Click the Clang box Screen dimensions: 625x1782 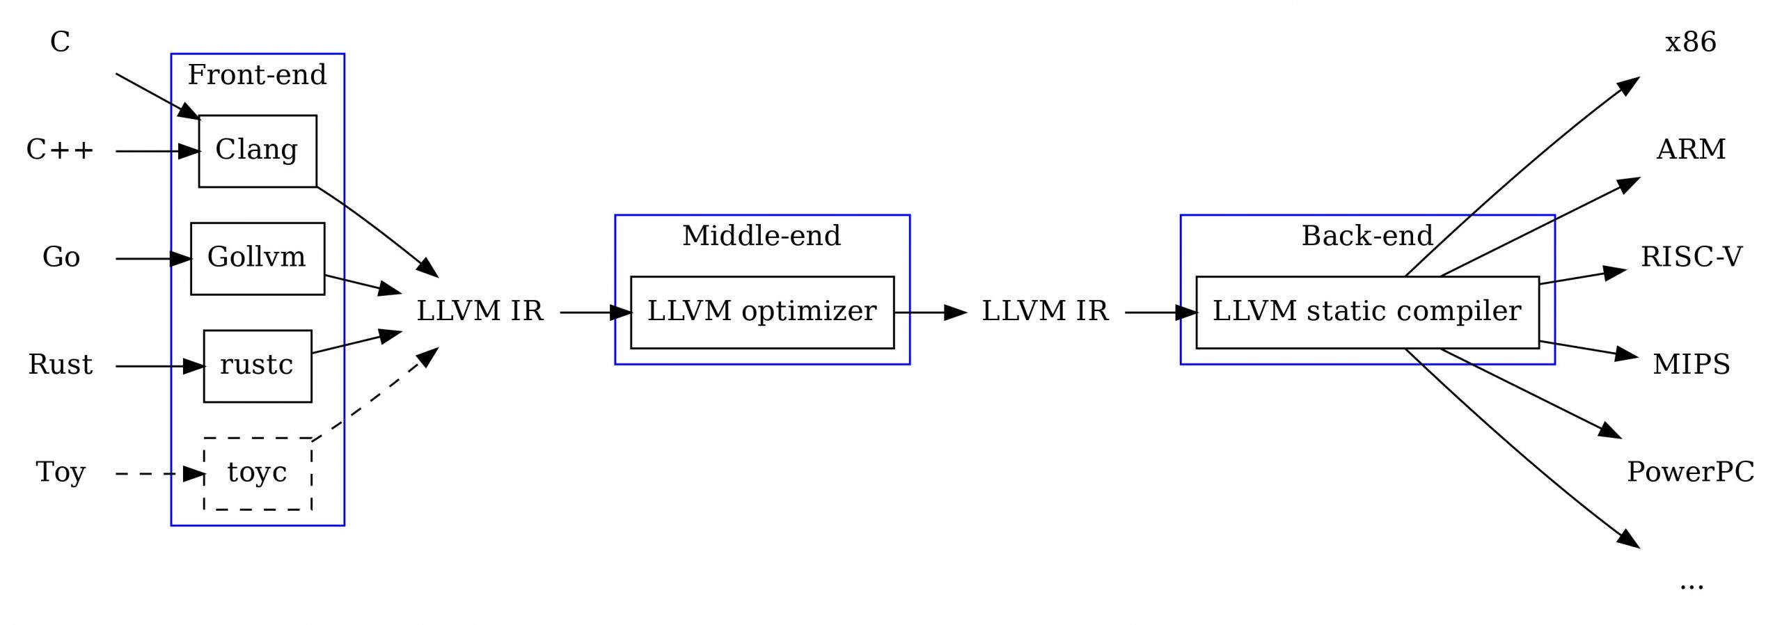257,150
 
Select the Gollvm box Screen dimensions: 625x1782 257,258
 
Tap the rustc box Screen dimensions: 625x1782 257,365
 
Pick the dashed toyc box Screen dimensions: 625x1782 257,473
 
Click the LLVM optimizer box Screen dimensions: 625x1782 762,312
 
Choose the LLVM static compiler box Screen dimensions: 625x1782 1366,312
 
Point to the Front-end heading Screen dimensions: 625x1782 257,75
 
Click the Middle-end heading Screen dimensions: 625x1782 762,236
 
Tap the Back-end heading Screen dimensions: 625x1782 1366,236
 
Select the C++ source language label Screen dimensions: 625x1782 60,150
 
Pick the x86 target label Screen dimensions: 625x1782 1690,43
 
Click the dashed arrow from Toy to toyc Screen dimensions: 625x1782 153,474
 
